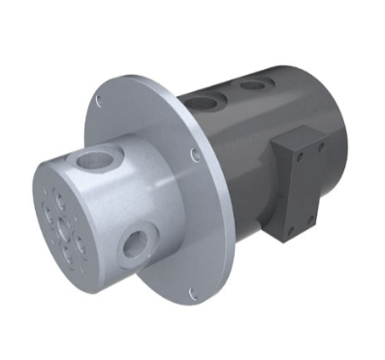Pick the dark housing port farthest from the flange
[253, 84]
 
